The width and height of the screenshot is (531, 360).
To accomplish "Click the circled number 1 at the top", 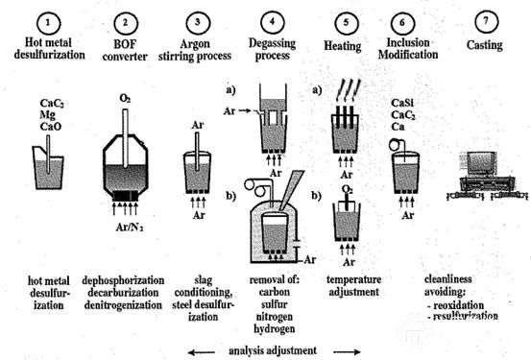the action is [x=48, y=23].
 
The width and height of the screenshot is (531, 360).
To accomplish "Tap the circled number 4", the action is [x=273, y=22].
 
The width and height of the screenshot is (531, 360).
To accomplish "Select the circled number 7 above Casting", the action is [x=486, y=21].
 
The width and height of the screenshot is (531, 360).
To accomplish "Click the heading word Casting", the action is [x=484, y=45].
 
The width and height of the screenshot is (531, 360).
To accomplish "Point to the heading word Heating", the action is [x=343, y=46].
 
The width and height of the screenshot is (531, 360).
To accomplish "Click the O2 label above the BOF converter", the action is [x=125, y=99].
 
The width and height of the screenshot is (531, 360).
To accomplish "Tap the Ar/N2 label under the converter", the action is [x=130, y=227].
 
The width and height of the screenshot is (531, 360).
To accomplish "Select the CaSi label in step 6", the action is [x=402, y=103].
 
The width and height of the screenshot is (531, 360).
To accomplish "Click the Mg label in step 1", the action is [x=47, y=115].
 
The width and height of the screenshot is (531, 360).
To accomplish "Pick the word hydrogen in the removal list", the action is [x=275, y=329].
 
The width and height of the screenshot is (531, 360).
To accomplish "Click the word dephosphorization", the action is [x=123, y=280].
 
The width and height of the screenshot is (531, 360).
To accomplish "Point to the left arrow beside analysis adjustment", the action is [x=201, y=352].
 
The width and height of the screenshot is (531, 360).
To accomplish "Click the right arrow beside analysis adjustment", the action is [x=347, y=351].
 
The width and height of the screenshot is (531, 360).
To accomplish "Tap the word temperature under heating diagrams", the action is [x=354, y=279].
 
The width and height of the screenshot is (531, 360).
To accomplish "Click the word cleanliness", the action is [x=448, y=279].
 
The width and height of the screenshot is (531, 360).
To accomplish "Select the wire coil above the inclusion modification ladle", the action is [x=395, y=145].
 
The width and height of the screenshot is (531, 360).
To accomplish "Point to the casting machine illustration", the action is [x=486, y=176].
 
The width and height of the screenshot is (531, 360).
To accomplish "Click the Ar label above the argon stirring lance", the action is [x=198, y=126].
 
